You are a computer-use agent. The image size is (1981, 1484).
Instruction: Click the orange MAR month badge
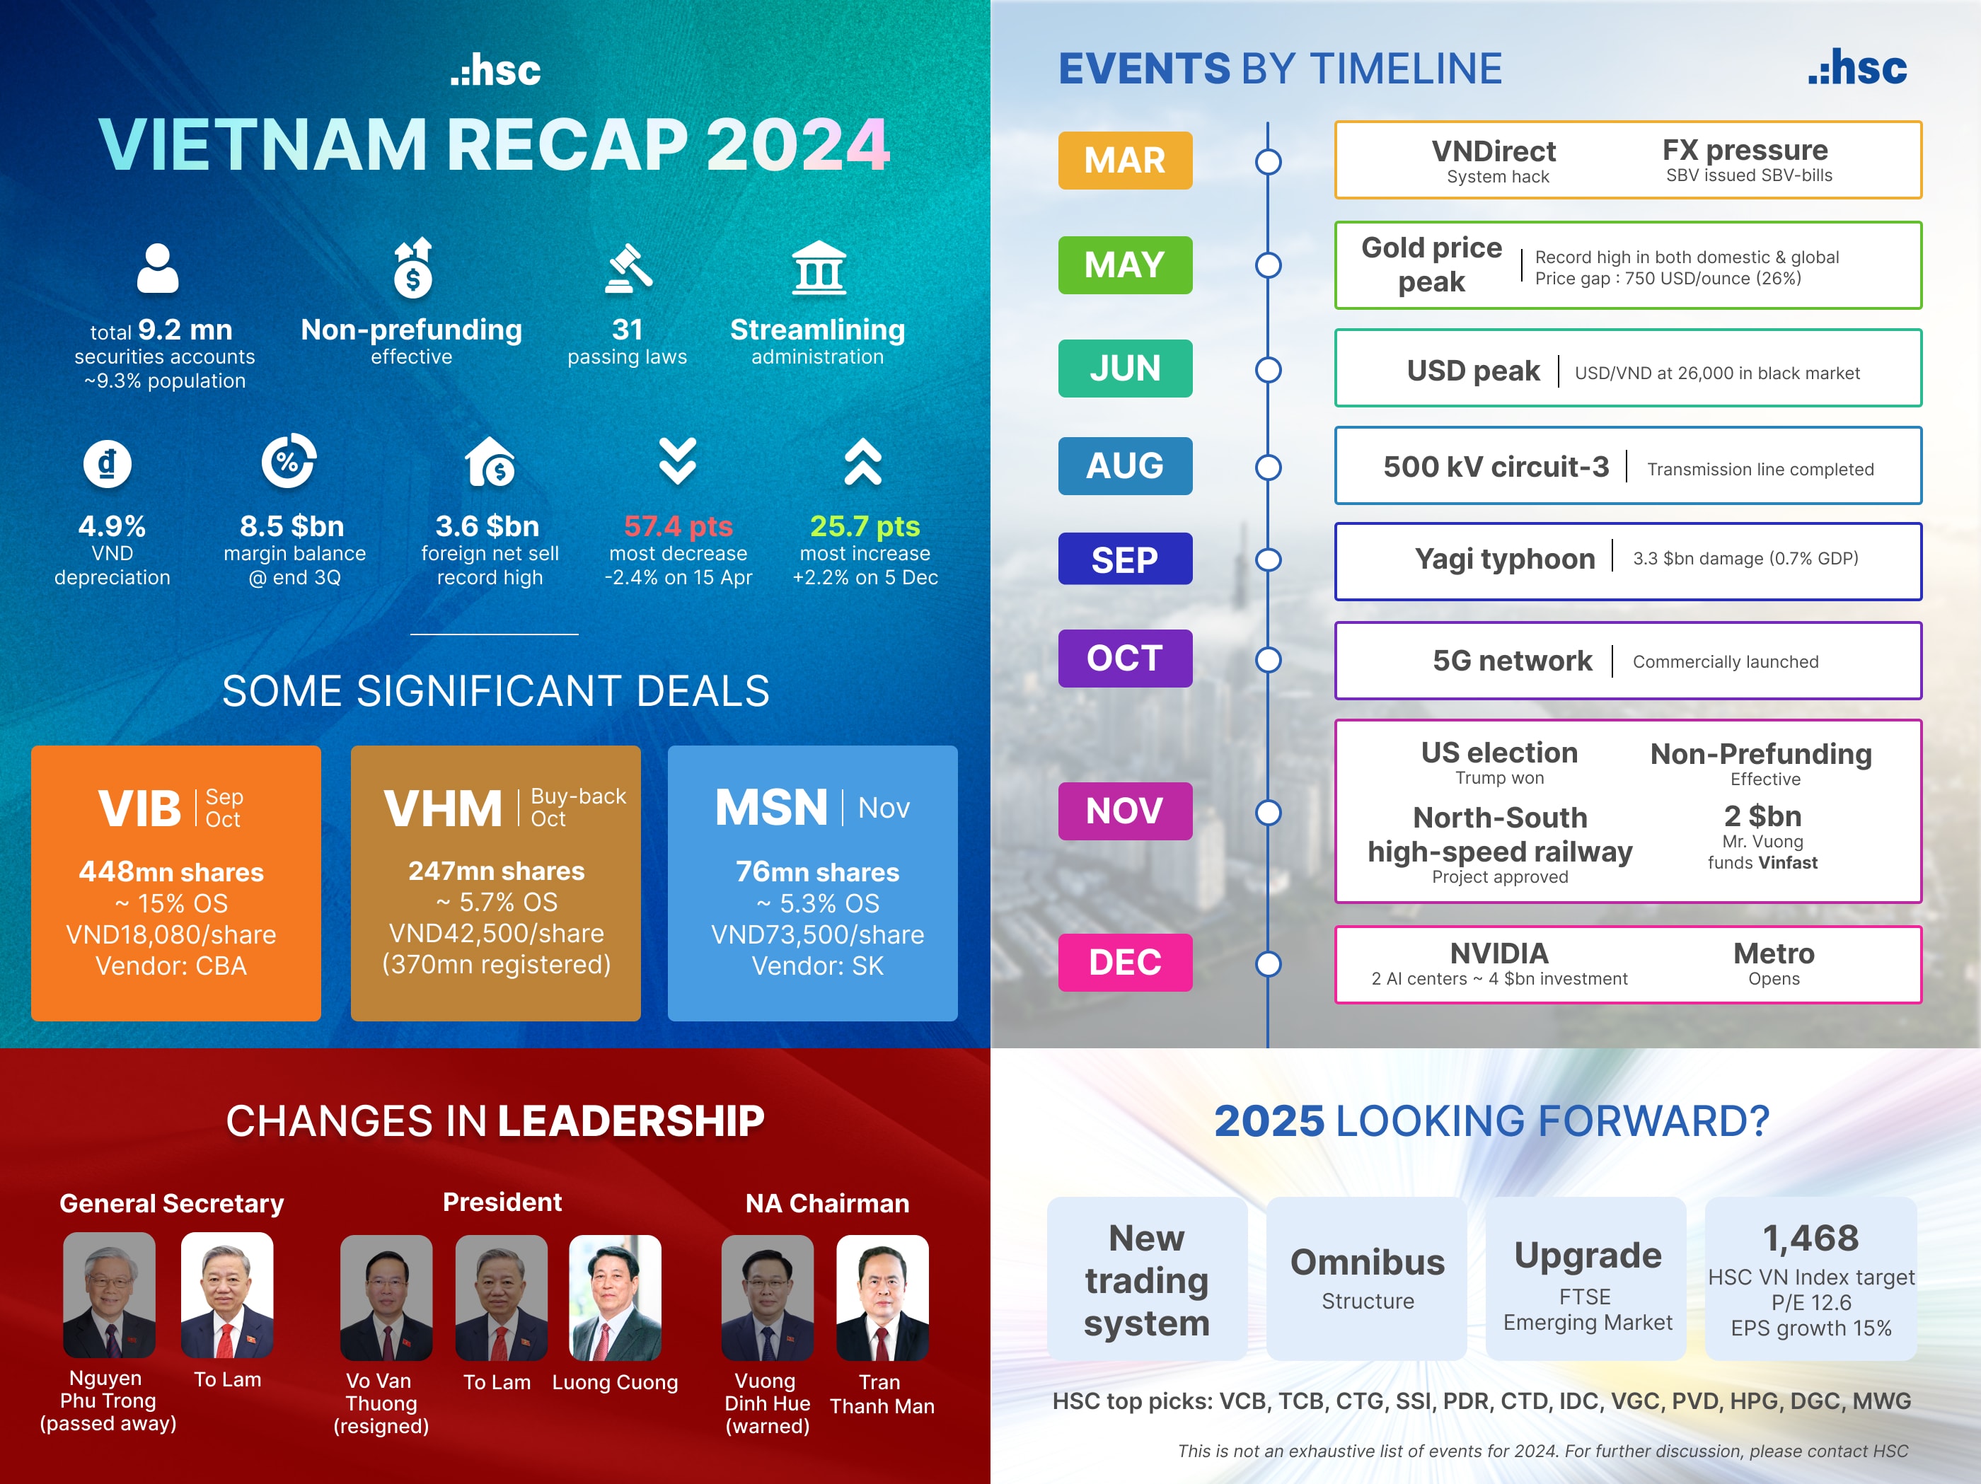click(1125, 161)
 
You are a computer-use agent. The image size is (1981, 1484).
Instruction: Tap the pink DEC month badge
click(1125, 962)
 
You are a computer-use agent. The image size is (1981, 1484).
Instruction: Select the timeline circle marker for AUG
click(1268, 467)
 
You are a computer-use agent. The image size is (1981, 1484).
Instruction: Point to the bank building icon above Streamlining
click(819, 268)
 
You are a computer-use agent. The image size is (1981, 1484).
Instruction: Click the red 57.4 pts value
click(678, 526)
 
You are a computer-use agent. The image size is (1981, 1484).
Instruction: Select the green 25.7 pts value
click(865, 526)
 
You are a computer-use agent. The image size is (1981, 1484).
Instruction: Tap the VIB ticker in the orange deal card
click(139, 808)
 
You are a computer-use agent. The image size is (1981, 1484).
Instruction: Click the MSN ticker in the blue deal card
click(771, 808)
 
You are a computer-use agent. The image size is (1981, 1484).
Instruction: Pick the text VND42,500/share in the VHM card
click(496, 933)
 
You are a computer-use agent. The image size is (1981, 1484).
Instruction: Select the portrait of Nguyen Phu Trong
click(109, 1295)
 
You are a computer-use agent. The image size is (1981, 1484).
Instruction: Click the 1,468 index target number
click(1810, 1238)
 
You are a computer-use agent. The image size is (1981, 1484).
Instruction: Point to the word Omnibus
click(1368, 1262)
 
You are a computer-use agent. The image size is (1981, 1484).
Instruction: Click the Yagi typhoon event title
click(1505, 559)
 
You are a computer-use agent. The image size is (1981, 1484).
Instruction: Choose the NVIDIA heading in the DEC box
click(1499, 953)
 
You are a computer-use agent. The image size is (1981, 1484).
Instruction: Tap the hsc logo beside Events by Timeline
click(1857, 69)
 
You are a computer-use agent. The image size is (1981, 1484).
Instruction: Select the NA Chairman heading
click(826, 1202)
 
